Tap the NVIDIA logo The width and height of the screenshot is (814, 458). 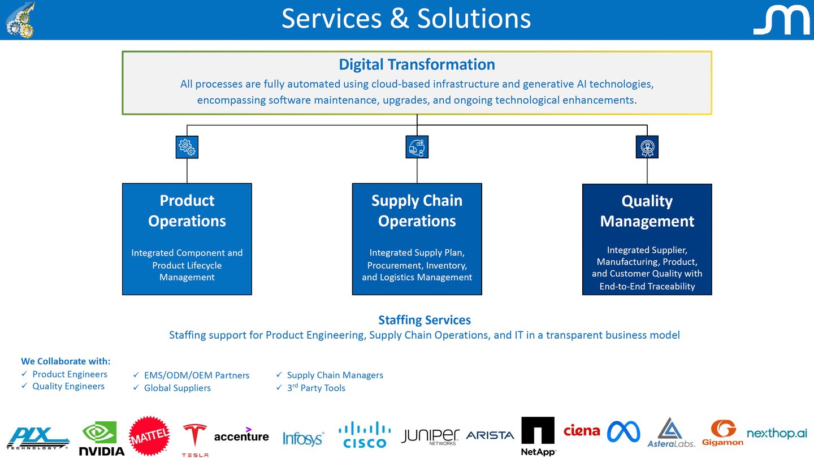point(101,438)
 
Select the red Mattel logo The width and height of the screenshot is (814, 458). point(149,436)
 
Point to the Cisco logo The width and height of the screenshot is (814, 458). point(365,435)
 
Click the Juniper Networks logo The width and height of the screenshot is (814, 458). point(430,436)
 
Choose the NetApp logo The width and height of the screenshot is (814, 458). point(538,436)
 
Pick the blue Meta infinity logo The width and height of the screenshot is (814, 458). point(624,432)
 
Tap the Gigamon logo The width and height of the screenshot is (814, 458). point(722,433)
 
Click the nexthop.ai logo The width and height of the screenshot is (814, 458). point(777,434)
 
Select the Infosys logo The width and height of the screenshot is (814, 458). point(303,438)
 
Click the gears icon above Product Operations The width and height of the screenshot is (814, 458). point(187,147)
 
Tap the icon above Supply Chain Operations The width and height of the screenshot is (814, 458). point(417,147)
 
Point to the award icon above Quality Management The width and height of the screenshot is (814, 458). point(647,147)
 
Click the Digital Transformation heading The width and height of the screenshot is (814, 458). point(417,64)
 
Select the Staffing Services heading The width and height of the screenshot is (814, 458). point(424,320)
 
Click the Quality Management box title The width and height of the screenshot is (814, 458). point(647,211)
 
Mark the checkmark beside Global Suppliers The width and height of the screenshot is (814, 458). point(136,388)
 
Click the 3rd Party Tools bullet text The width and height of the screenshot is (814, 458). point(316,388)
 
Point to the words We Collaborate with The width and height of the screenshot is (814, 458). point(66,361)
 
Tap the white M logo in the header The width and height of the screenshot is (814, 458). point(781,21)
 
